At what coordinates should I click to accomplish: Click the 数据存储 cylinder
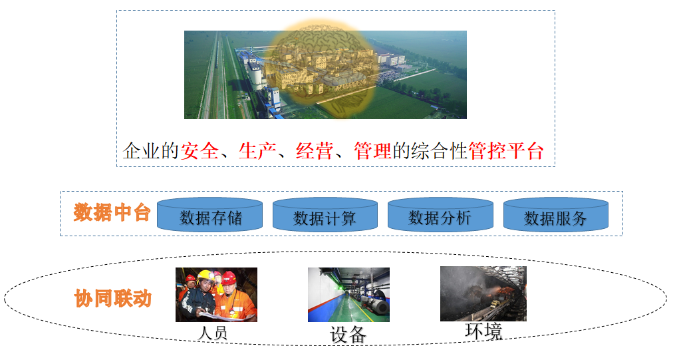point(209,215)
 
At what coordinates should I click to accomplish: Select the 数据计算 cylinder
point(325,215)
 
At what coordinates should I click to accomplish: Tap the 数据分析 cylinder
point(440,215)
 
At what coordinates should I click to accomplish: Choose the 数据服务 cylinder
point(556,215)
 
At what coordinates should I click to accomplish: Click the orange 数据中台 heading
point(112,213)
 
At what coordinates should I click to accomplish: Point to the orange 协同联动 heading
point(113,298)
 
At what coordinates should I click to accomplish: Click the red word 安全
point(199,151)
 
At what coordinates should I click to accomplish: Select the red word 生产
point(257,151)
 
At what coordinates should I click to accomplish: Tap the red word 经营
point(315,151)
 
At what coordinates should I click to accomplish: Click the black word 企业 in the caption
point(141,151)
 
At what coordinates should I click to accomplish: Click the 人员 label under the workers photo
point(212,333)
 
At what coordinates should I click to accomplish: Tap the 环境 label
point(483,331)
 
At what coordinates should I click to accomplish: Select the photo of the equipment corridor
point(348,295)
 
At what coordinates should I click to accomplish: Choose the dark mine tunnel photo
point(483,294)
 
